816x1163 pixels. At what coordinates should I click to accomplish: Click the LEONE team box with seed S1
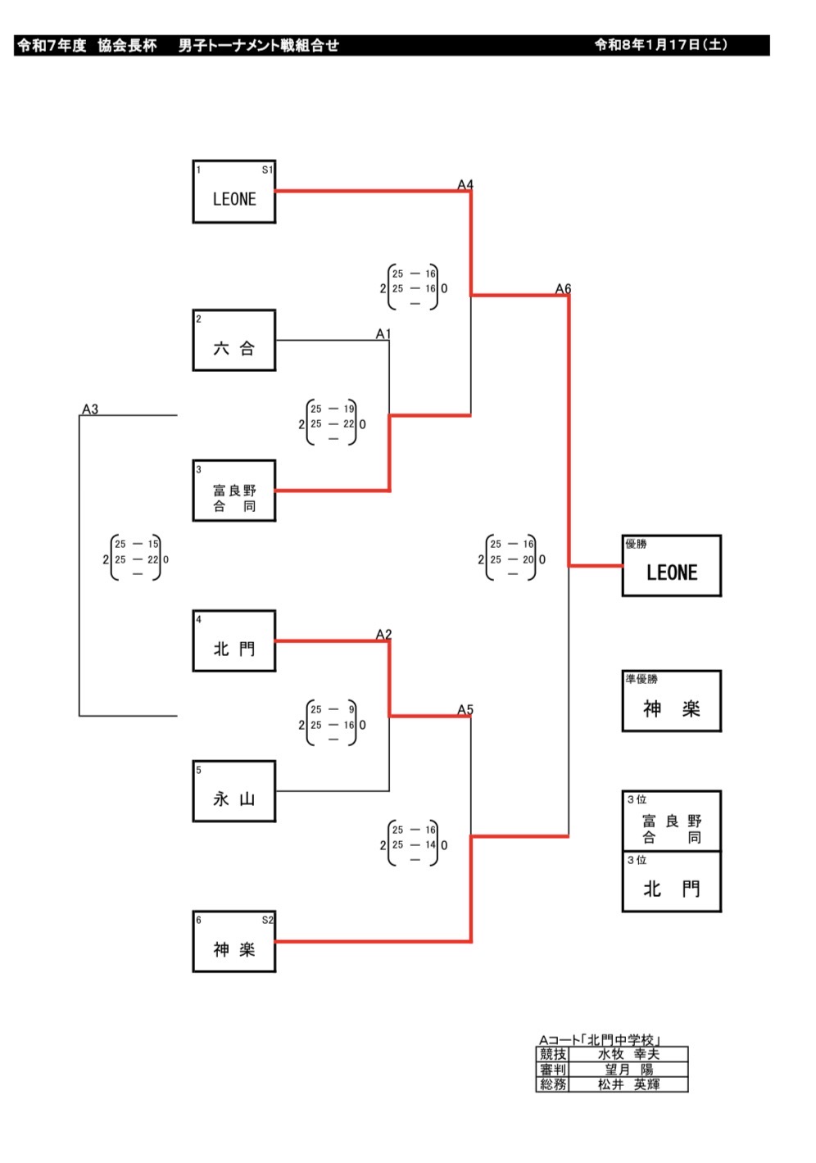[234, 192]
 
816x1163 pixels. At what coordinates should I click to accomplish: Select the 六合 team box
[234, 341]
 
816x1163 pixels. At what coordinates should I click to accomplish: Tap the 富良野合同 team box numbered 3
[234, 491]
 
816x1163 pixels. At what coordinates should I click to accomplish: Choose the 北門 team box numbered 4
[234, 641]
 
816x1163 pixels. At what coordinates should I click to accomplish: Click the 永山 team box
[234, 791]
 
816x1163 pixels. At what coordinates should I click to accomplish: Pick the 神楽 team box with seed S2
[234, 942]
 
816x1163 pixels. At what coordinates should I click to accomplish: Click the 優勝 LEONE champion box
[671, 566]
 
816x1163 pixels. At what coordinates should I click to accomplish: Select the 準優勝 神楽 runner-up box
[671, 701]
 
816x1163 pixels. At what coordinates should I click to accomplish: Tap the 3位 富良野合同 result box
[671, 821]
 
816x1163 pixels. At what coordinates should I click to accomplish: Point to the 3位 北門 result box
[671, 882]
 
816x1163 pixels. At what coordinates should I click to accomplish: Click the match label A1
[383, 334]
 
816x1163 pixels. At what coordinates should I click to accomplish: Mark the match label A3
[90, 409]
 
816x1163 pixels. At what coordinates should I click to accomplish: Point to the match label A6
[563, 289]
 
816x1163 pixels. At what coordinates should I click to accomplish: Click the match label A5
[465, 710]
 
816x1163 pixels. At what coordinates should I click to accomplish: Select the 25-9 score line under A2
[333, 710]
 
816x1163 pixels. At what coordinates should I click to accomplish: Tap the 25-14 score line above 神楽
[414, 845]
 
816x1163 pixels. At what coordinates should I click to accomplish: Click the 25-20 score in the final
[512, 560]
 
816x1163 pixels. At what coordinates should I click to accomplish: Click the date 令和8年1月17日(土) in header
[660, 46]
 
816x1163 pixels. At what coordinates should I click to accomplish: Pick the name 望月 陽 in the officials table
[628, 1070]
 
